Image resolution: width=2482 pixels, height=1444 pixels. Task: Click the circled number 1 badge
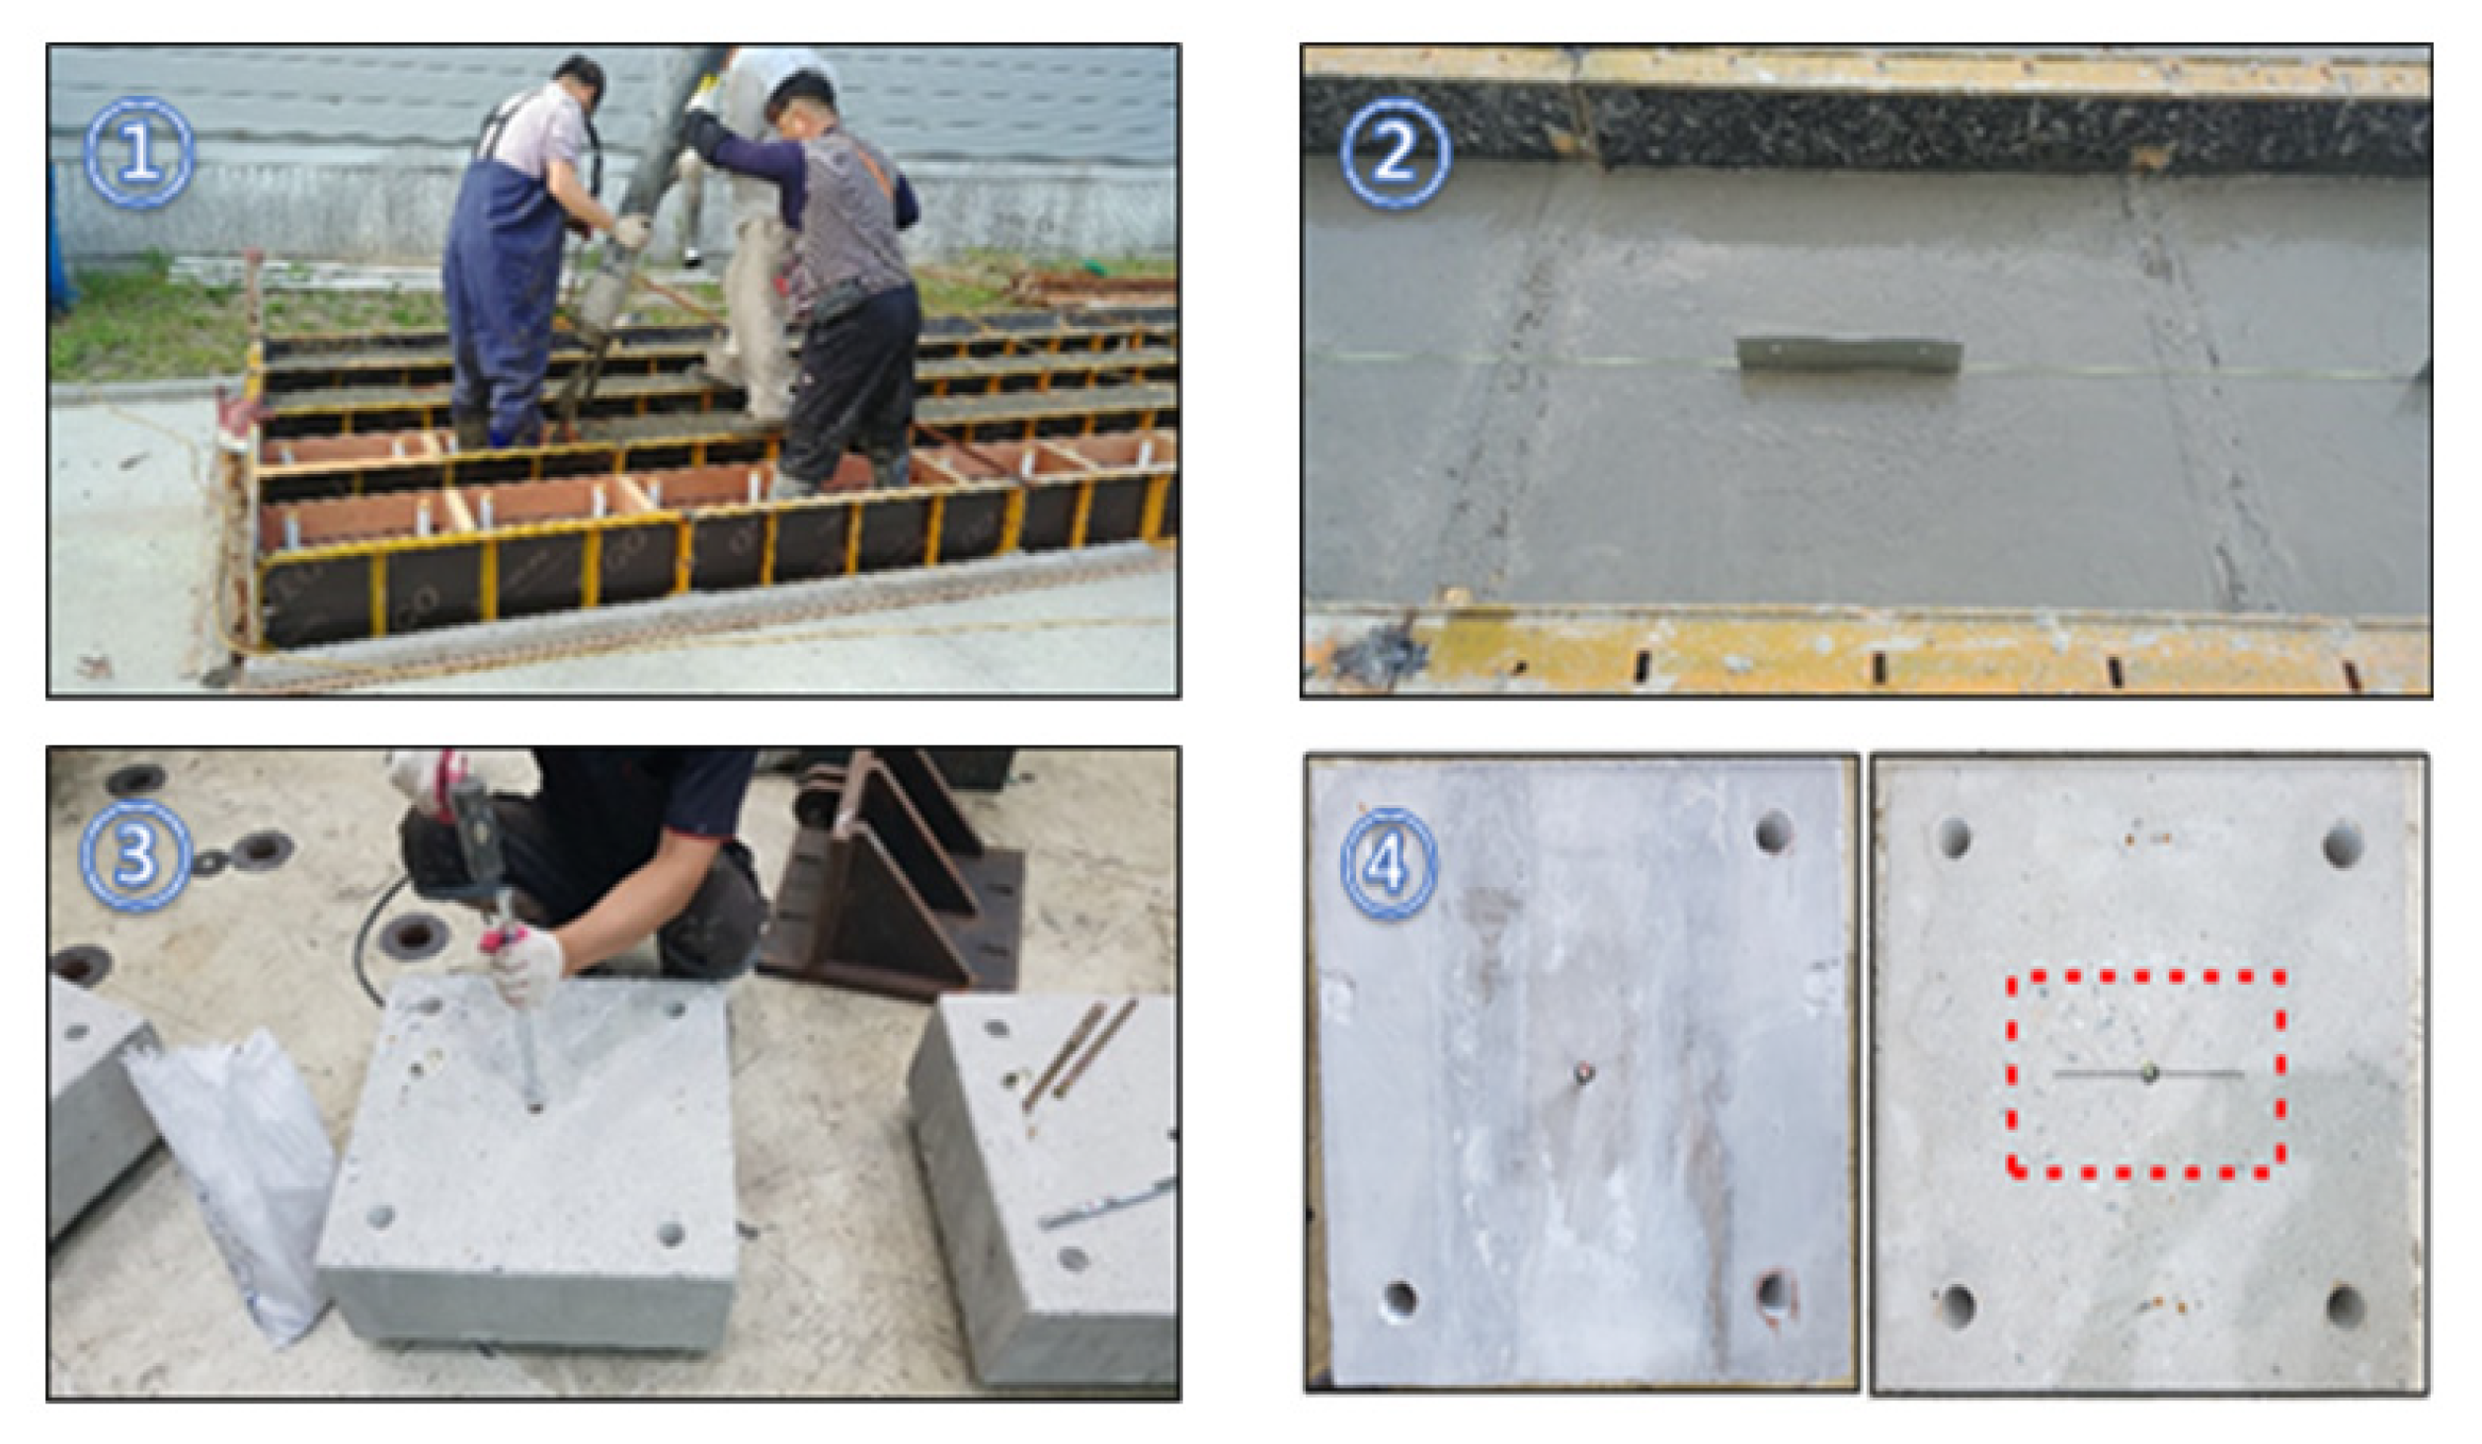click(138, 153)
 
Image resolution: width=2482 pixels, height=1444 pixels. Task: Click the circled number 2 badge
click(1395, 153)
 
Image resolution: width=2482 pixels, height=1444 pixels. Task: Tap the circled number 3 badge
click(136, 854)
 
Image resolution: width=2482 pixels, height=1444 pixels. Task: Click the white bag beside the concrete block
click(237, 1180)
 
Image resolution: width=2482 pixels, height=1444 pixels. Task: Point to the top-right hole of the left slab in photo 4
click(1774, 833)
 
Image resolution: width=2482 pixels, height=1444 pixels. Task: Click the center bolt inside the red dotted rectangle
click(2150, 1074)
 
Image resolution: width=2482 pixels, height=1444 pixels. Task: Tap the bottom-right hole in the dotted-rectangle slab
click(2345, 1306)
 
